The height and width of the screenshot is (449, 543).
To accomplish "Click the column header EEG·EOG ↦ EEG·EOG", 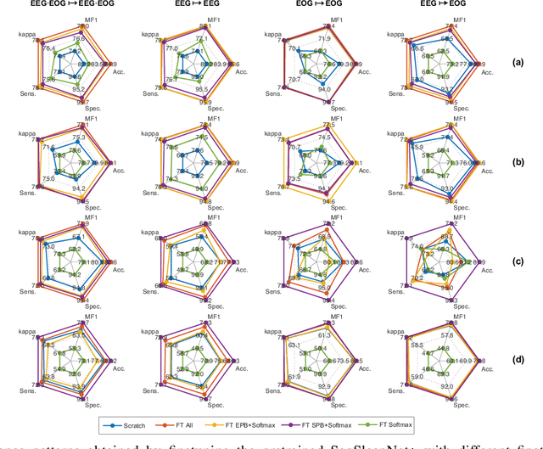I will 68,7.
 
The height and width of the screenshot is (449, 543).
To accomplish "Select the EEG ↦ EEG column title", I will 199,7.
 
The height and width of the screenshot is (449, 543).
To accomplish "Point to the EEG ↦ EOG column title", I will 448,7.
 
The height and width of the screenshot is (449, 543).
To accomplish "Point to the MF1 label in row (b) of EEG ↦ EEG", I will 204,118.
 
